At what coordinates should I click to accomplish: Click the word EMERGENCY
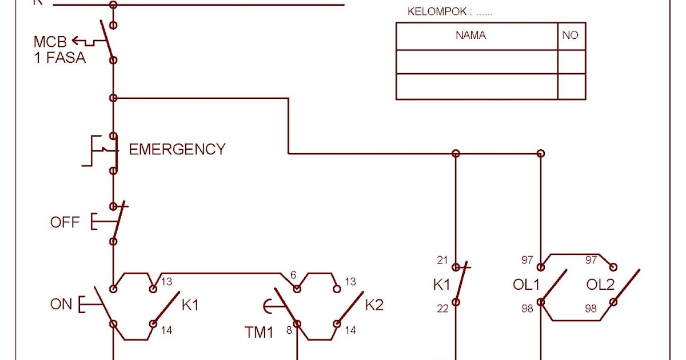(177, 150)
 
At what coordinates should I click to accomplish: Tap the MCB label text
(50, 42)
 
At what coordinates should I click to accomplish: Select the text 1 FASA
(60, 57)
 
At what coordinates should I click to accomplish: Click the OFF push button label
(65, 222)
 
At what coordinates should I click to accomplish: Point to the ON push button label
(61, 305)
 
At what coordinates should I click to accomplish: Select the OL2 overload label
(601, 285)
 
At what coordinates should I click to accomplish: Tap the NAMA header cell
(470, 35)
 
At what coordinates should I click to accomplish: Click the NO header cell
(570, 35)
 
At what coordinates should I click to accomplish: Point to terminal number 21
(442, 261)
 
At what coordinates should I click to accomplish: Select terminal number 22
(443, 309)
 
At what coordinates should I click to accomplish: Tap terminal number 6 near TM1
(293, 275)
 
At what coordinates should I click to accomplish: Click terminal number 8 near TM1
(289, 330)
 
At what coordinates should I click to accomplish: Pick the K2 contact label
(374, 305)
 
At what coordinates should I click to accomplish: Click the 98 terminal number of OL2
(591, 309)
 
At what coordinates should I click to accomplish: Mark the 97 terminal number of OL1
(527, 261)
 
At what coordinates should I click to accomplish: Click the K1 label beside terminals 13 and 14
(190, 305)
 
